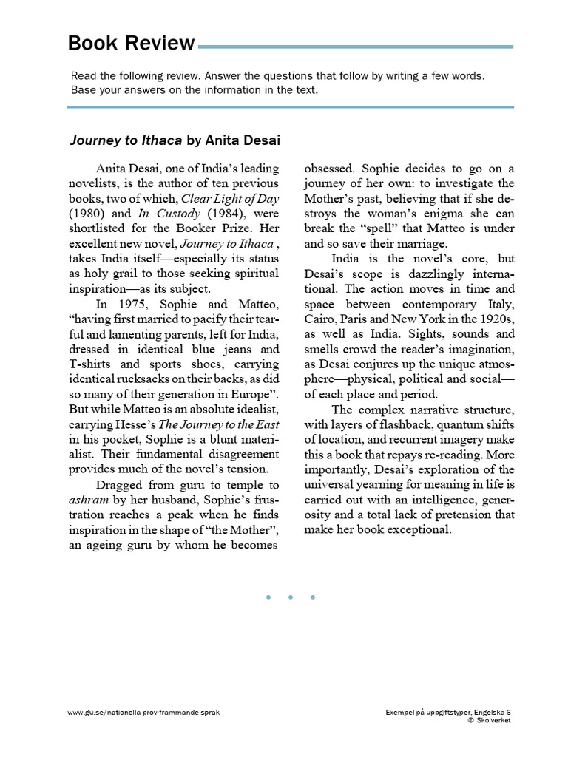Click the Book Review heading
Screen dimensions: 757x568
131,44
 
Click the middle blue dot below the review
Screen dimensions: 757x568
290,597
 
